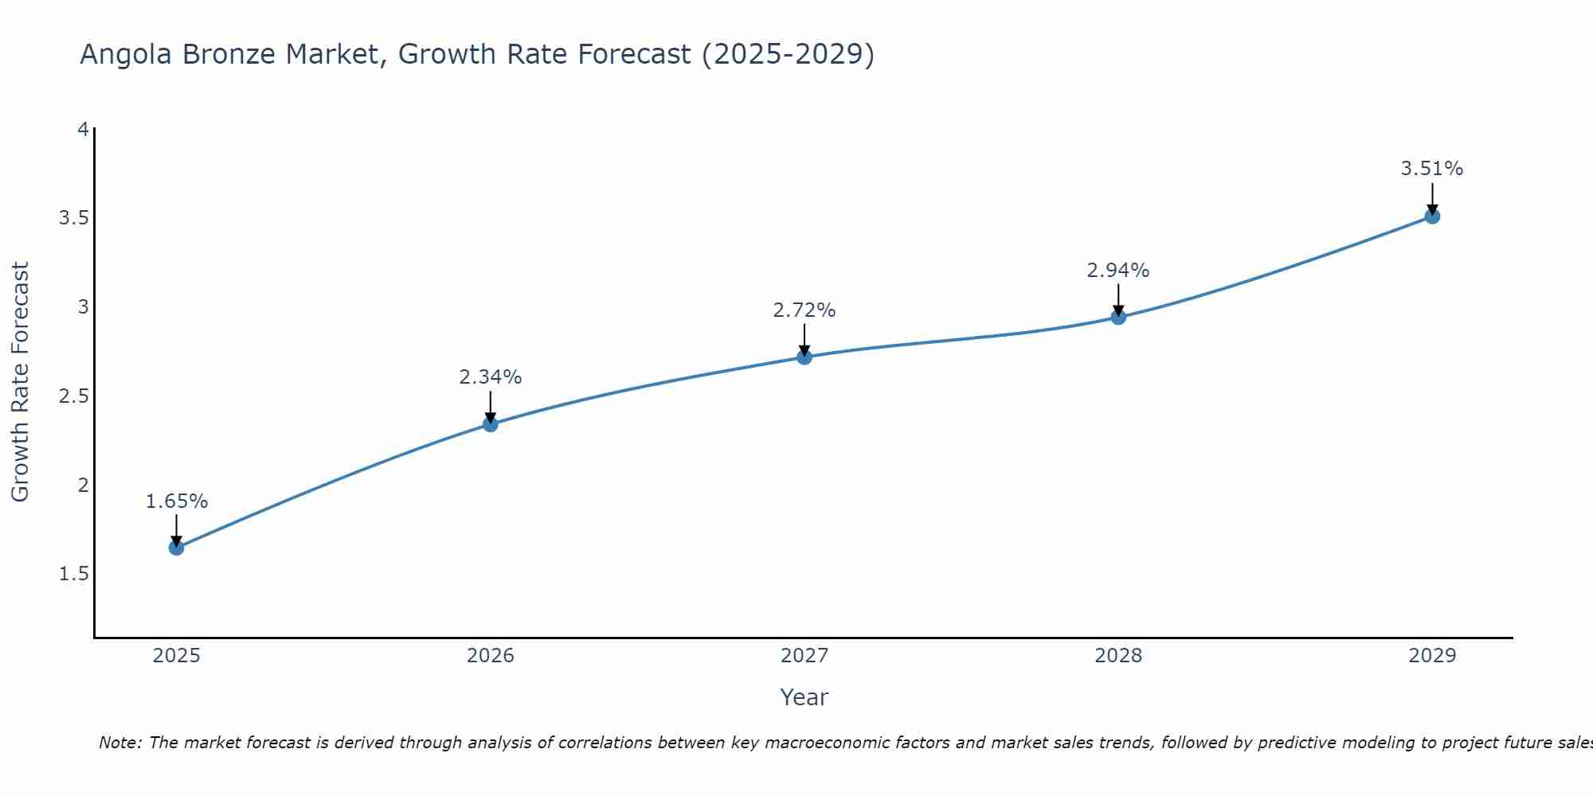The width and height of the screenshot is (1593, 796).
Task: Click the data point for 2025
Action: pos(176,548)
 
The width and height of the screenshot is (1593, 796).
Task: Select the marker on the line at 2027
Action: pos(804,357)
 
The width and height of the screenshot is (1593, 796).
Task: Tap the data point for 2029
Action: pos(1432,216)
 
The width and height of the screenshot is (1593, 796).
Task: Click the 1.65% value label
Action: pos(177,501)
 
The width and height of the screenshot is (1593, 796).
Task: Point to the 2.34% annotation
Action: pos(491,377)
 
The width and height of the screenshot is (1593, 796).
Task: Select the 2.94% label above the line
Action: pos(1118,271)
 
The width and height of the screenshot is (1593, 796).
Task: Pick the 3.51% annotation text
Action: pos(1432,169)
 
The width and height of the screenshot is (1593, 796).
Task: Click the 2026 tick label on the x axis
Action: pos(491,656)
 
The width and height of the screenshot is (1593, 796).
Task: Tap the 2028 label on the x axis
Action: pos(1118,656)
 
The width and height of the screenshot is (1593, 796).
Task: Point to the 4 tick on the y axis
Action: pos(83,129)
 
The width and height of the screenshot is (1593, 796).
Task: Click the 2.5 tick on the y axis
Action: pos(73,396)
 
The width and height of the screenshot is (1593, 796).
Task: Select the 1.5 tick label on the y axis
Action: pos(73,574)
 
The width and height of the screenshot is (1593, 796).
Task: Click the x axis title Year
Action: pos(804,697)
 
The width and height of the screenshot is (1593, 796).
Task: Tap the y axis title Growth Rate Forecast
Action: pos(21,382)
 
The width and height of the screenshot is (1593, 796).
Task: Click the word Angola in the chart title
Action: pos(126,55)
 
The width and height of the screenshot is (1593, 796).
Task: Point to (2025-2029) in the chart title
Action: pos(788,55)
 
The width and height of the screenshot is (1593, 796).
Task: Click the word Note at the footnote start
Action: pos(119,743)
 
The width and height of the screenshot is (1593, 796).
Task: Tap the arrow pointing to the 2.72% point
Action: pos(804,340)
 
